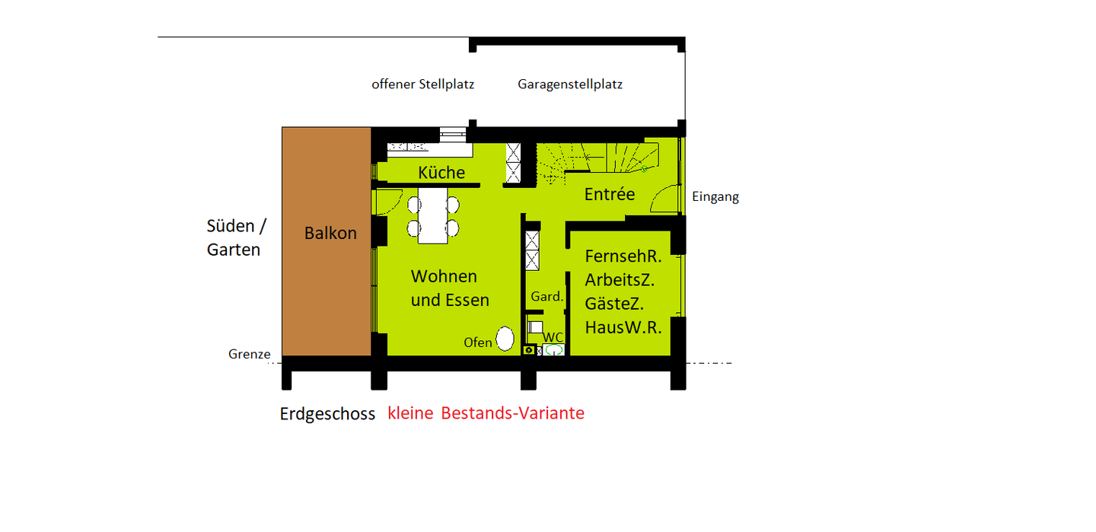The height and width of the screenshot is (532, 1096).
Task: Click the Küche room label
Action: [441, 173]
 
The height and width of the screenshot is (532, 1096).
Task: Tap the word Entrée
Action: [609, 195]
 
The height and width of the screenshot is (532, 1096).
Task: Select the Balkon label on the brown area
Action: [330, 234]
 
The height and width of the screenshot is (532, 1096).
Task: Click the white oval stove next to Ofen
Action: [505, 339]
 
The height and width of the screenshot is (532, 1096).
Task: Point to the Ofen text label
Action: [478, 342]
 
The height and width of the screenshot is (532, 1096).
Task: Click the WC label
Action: [553, 337]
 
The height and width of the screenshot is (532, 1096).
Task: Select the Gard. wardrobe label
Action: [546, 297]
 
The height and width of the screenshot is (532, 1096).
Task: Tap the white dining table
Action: [432, 215]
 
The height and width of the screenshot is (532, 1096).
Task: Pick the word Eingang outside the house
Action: [715, 197]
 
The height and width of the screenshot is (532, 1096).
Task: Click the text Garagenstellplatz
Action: [570, 84]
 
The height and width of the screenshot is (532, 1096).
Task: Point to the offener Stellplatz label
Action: [422, 84]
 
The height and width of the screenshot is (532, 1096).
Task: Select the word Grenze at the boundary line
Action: [249, 354]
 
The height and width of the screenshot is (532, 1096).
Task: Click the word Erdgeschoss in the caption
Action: [327, 414]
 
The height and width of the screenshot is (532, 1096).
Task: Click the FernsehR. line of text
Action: [623, 257]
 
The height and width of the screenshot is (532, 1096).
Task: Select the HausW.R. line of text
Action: [623, 328]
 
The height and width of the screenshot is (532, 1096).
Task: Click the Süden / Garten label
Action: [236, 237]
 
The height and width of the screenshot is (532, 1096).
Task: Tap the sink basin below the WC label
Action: [553, 350]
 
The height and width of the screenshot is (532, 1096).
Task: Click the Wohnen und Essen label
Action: [449, 288]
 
